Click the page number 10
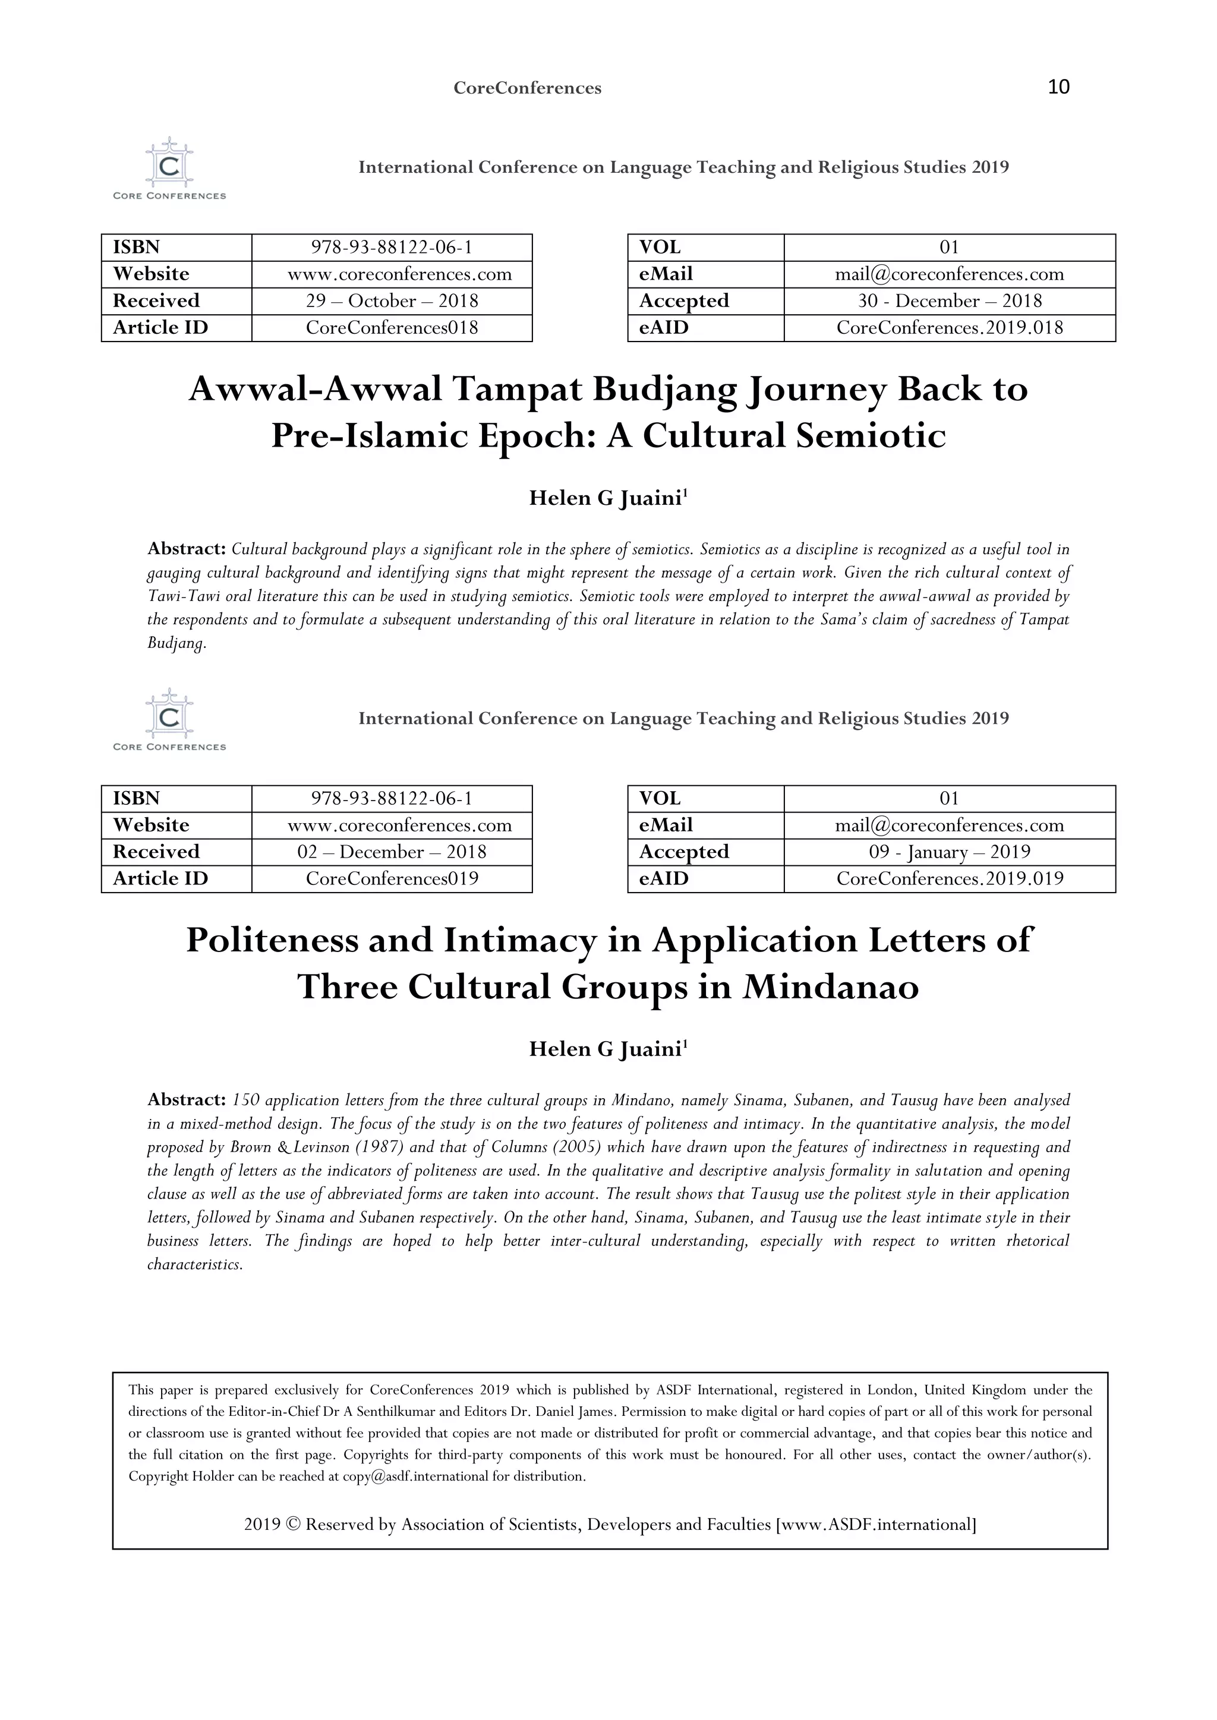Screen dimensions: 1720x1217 pyautogui.click(x=1058, y=87)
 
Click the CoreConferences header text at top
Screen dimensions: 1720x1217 pyautogui.click(x=527, y=88)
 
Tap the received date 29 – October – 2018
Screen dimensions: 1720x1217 pyautogui.click(x=392, y=301)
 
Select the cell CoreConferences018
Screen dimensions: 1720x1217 pyautogui.click(x=392, y=328)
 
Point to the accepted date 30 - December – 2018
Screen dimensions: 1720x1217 pyautogui.click(x=950, y=301)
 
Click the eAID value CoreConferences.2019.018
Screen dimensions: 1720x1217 pyautogui.click(x=950, y=328)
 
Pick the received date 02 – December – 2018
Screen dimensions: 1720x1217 pyautogui.click(x=392, y=852)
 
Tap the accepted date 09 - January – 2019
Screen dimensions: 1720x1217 pyautogui.click(x=950, y=852)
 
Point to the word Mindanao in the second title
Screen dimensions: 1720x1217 pyautogui.click(x=830, y=987)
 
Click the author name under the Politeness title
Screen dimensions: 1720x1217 pyautogui.click(x=608, y=1049)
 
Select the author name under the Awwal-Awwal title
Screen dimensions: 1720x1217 pyautogui.click(x=608, y=498)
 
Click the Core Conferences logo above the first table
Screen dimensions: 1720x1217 pyautogui.click(x=169, y=169)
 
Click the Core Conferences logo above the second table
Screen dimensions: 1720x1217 pyautogui.click(x=169, y=720)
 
